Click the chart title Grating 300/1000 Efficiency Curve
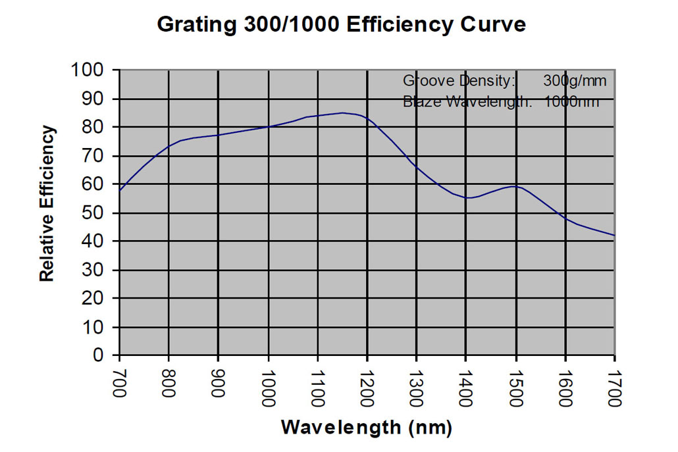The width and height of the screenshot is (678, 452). (342, 25)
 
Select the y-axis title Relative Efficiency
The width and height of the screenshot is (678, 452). (47, 204)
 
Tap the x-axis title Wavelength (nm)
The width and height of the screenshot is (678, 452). (367, 428)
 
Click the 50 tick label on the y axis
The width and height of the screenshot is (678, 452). (96, 213)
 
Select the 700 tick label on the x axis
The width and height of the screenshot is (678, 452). (120, 384)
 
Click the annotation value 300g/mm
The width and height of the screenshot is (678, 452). (575, 81)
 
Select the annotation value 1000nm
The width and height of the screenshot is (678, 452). (571, 102)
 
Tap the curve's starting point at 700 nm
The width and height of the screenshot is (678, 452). (120, 190)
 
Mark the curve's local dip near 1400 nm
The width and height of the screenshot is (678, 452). (468, 197)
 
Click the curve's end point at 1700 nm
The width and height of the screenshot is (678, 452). (614, 235)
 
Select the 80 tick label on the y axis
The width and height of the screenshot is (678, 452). (96, 127)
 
